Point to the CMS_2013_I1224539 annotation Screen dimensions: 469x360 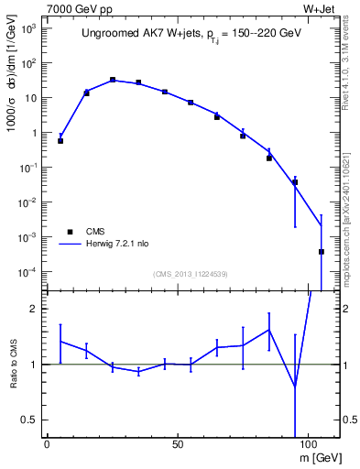coord(190,275)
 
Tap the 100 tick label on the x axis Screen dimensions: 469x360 coord(308,443)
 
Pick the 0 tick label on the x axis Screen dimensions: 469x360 coord(47,443)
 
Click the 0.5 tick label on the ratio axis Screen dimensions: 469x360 coord(28,420)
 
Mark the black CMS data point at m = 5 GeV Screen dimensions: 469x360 coord(60,141)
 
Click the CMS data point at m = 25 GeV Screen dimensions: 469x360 coord(113,80)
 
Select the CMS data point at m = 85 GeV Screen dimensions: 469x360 coord(269,158)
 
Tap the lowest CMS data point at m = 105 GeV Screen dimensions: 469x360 coord(322,252)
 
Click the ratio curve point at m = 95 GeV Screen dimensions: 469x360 coord(295,386)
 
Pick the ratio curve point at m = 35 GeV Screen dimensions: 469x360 coord(138,372)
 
